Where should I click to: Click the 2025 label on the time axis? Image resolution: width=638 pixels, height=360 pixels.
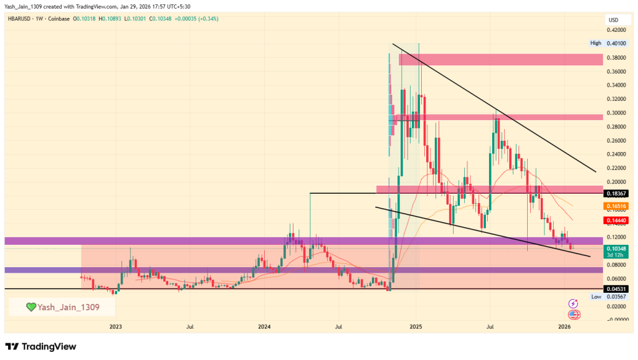click(416, 326)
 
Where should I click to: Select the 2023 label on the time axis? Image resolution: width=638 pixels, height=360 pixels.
click(115, 326)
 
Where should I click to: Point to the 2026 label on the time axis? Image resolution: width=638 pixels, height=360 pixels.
click(564, 326)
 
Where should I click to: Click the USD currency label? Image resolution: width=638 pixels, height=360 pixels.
click(614, 21)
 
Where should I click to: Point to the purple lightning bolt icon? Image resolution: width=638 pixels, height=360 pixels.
click(573, 303)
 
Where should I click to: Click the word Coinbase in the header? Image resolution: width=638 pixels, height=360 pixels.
click(58, 19)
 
